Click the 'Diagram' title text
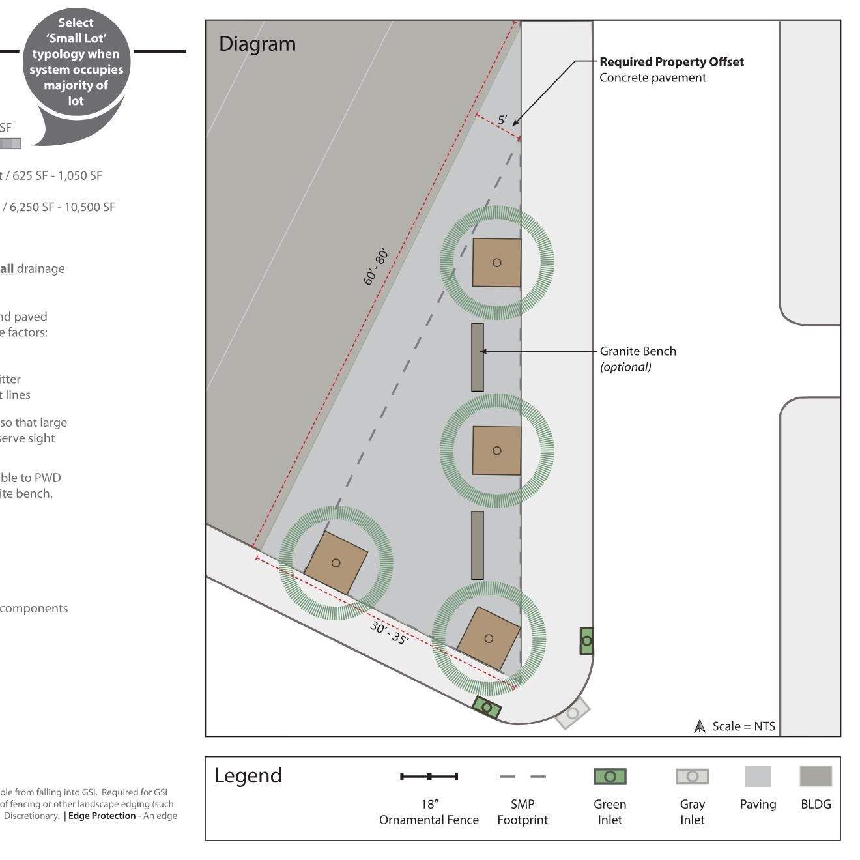(257, 44)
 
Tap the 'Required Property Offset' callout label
(671, 63)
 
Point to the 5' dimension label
(502, 121)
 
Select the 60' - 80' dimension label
(376, 266)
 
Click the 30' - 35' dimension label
(390, 633)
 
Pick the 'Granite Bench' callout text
(638, 352)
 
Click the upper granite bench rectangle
(478, 357)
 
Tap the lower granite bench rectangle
(478, 545)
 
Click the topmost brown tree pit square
(496, 263)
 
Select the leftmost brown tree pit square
(336, 563)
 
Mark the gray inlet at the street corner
(572, 713)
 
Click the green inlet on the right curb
(586, 641)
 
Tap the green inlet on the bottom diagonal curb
(487, 708)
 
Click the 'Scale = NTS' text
(743, 726)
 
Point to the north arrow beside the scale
(700, 726)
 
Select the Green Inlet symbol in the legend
(610, 777)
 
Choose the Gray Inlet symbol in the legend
(692, 777)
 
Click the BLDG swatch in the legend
(816, 777)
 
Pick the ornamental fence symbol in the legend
(429, 777)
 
